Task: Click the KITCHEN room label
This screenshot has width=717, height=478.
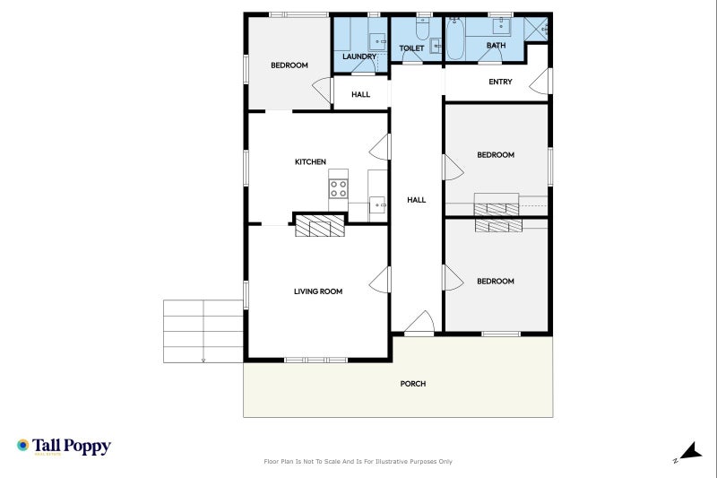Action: coord(310,162)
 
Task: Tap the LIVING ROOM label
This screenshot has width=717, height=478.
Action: coord(318,291)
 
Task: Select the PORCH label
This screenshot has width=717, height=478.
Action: coord(413,384)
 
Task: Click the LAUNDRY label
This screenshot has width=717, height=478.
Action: coord(359,56)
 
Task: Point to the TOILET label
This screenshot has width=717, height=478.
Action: coord(411,48)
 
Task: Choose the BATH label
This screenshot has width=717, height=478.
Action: coord(497,45)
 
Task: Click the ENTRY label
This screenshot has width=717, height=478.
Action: coord(500,82)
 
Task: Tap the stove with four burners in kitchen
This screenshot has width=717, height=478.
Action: coord(339,188)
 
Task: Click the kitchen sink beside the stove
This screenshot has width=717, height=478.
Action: coord(377,205)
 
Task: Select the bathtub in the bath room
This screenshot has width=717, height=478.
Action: coord(455,39)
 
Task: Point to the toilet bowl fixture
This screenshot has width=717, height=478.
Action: coord(422,30)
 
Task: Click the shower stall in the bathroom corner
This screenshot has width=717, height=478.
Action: coord(535,30)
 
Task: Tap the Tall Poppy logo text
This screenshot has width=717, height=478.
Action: coord(72,446)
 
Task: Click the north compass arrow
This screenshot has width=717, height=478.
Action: coord(690,451)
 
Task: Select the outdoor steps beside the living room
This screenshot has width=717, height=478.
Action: coord(203,331)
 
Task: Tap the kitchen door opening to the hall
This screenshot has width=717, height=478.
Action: coord(379,147)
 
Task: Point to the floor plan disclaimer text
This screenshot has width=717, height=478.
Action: coord(358,462)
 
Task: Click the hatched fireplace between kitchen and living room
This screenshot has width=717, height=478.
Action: coord(320,226)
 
